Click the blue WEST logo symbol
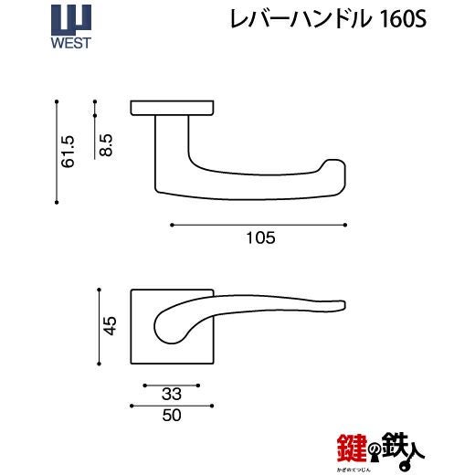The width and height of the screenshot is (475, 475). click(x=71, y=20)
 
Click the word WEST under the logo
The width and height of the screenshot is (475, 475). click(x=71, y=43)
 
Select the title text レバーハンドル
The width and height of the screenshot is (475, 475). click(x=301, y=19)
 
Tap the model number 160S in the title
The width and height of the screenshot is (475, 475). click(x=403, y=19)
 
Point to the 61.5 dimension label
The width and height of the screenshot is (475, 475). click(x=68, y=152)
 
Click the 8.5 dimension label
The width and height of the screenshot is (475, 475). click(x=106, y=145)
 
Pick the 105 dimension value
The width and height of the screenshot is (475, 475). click(x=260, y=237)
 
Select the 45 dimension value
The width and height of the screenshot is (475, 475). click(x=110, y=326)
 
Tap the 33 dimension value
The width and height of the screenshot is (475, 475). click(x=172, y=394)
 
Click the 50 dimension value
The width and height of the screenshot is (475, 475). click(x=172, y=415)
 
